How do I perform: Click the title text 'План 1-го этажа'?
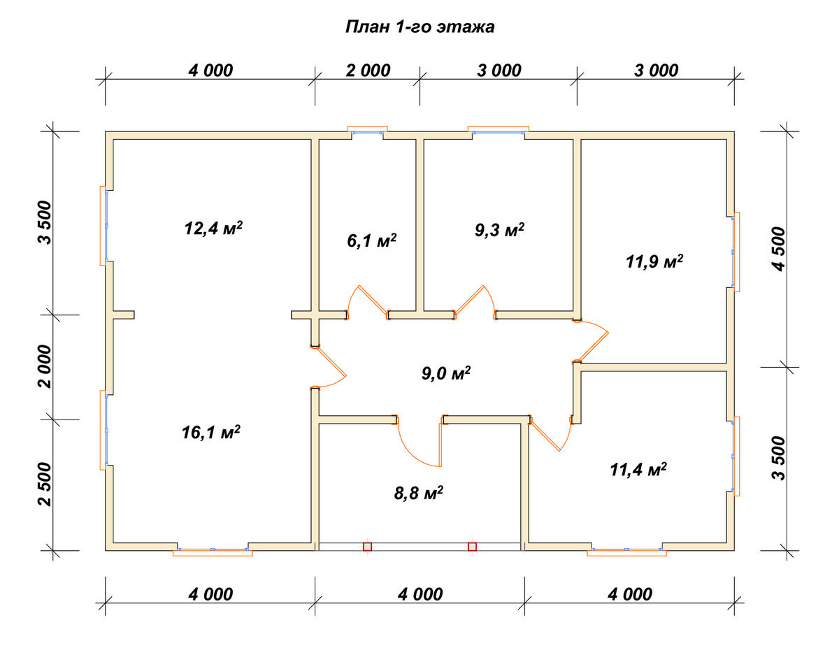[x=419, y=27]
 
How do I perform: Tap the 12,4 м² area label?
[x=213, y=228]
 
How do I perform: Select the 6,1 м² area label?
[x=371, y=240]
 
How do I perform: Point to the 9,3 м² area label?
[x=499, y=230]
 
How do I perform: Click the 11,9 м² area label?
[x=654, y=261]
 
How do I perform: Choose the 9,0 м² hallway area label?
[x=446, y=373]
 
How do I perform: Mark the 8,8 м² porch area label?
[x=419, y=494]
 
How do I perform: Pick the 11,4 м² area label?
[x=638, y=470]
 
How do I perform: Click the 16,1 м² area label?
[x=211, y=432]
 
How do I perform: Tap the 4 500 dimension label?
[x=779, y=249]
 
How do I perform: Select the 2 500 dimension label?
[x=45, y=484]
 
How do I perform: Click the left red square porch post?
[x=367, y=547]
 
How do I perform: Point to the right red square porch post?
[x=472, y=547]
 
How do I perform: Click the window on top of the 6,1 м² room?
[x=367, y=131]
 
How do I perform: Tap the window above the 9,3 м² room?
[x=499, y=131]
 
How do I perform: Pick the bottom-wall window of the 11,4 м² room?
[x=626, y=551]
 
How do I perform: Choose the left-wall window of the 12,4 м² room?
[x=104, y=226]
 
